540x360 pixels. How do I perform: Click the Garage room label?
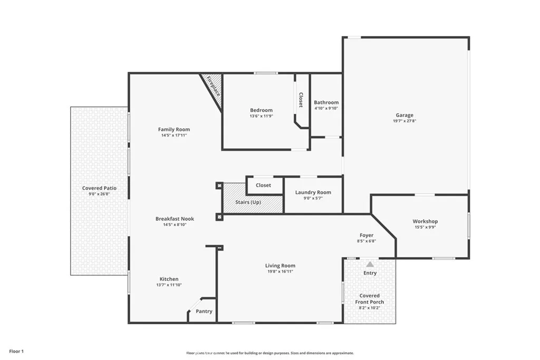click(x=404, y=115)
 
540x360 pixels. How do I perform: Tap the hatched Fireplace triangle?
click(x=212, y=86)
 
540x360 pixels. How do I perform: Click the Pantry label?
click(x=204, y=312)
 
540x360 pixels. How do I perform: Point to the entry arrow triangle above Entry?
click(x=370, y=264)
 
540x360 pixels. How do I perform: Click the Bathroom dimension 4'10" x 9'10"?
click(x=326, y=108)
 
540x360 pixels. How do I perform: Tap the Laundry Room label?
click(x=313, y=192)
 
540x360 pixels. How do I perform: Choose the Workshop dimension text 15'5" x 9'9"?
click(x=425, y=228)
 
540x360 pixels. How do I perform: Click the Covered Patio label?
click(x=99, y=188)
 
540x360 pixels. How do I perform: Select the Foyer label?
click(x=367, y=235)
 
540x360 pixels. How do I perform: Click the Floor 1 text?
click(x=17, y=351)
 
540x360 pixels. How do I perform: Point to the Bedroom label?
click(x=261, y=110)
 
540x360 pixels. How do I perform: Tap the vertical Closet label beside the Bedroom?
click(x=301, y=100)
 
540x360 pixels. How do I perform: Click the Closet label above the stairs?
click(x=263, y=185)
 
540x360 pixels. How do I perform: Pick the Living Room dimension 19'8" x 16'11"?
click(x=280, y=272)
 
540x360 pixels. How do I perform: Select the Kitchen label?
click(x=169, y=279)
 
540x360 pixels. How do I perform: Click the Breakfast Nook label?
click(x=175, y=219)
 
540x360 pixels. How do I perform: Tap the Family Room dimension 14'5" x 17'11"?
click(x=174, y=135)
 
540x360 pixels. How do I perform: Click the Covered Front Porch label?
click(x=370, y=299)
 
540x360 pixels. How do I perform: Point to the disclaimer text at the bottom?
click(x=269, y=353)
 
